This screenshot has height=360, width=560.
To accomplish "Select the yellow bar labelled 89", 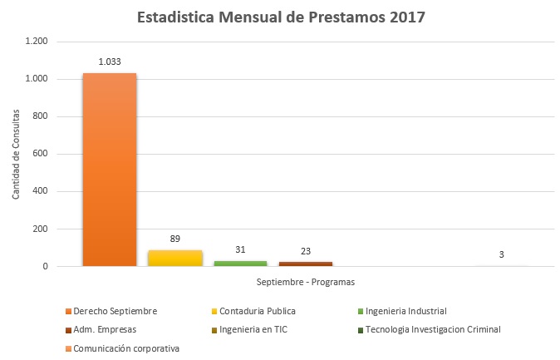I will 174,258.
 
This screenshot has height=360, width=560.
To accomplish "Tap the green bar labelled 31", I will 240,263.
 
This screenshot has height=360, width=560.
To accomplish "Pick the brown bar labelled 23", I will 305,264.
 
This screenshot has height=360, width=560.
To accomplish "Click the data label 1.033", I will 111,62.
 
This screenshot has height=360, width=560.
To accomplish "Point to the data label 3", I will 501,254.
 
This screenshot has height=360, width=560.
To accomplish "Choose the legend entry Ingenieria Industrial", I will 405,311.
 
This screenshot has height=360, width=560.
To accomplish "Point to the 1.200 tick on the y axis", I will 37,41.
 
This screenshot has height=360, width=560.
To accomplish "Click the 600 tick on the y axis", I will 40,154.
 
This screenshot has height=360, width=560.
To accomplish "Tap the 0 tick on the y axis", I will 45,267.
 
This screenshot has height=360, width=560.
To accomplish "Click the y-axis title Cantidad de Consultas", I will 16,154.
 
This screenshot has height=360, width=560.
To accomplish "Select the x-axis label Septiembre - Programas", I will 305,282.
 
